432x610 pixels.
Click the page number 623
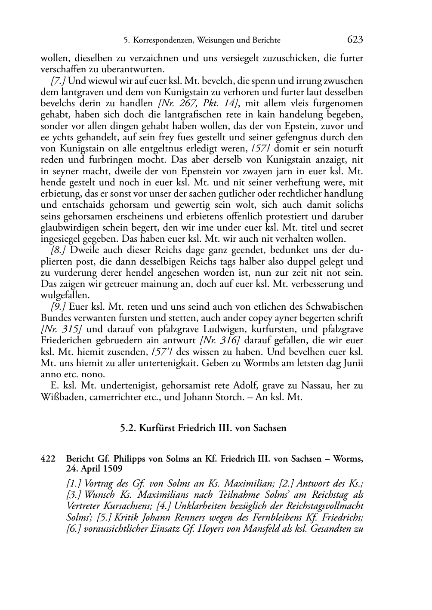(x=355, y=40)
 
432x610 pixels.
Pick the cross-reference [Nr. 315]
(x=62, y=330)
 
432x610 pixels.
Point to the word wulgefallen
(x=65, y=296)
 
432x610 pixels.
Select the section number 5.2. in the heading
(x=129, y=428)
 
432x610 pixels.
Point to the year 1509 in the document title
(x=111, y=468)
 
